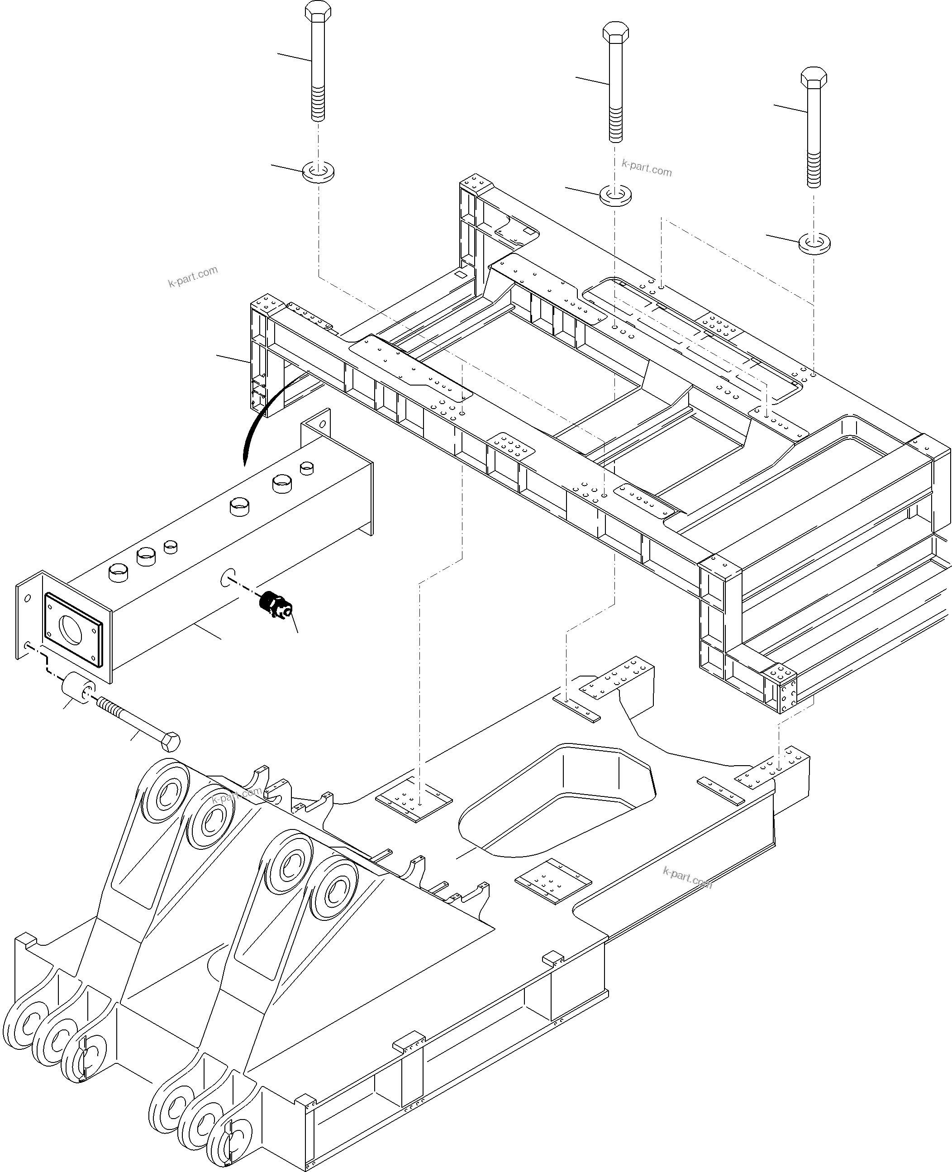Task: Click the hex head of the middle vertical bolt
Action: pos(615,33)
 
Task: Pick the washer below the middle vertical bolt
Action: pos(615,195)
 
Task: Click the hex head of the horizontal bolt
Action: pos(171,742)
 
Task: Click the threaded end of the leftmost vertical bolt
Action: pos(318,107)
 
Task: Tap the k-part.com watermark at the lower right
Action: pos(687,877)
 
